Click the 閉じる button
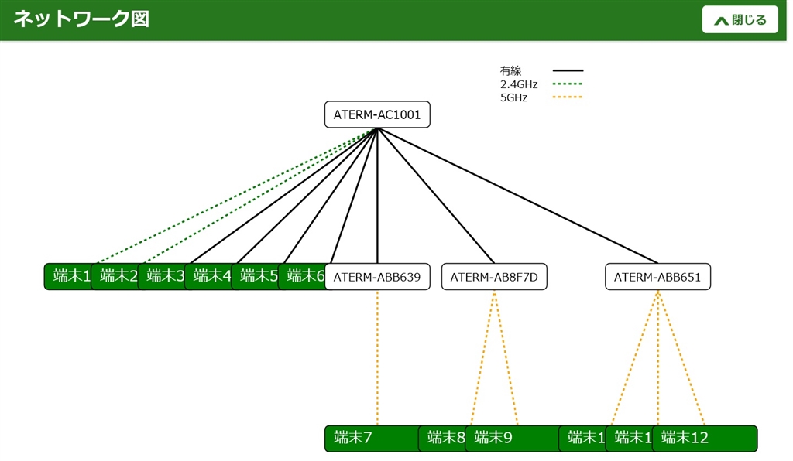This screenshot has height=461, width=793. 740,20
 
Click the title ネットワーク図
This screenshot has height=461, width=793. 81,19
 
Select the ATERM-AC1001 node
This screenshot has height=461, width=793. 377,114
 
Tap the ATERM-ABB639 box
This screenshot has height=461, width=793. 377,277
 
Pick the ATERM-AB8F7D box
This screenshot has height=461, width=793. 494,277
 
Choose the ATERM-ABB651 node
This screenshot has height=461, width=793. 657,277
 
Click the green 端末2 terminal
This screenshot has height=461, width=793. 116,276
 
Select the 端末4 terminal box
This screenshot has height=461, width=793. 209,276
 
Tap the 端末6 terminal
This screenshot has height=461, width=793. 302,276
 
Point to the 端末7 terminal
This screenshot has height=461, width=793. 364,439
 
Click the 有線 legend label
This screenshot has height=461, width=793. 511,71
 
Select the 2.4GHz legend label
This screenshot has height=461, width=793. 519,84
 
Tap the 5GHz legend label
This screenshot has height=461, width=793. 513,97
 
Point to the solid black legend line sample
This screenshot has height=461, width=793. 568,70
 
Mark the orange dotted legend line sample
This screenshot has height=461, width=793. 568,97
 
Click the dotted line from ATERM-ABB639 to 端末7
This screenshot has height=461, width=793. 377,356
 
